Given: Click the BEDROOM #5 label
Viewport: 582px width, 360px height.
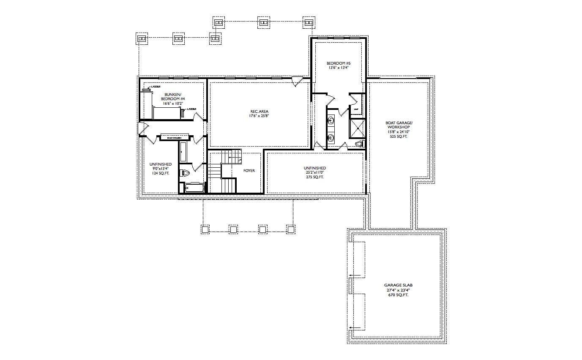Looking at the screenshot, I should pyautogui.click(x=339, y=63).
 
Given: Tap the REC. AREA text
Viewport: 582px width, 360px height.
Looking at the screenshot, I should pyautogui.click(x=259, y=112).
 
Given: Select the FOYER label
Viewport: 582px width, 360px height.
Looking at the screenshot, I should pyautogui.click(x=249, y=171).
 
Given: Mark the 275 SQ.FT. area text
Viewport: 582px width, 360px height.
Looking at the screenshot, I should pyautogui.click(x=315, y=177).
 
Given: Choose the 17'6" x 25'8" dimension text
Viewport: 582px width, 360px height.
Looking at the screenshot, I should pyautogui.click(x=259, y=116).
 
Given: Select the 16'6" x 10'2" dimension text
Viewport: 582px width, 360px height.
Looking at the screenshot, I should pyautogui.click(x=172, y=103).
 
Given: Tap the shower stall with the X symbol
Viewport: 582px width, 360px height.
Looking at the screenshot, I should pyautogui.click(x=357, y=129).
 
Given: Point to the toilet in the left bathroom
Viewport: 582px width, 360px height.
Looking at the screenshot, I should pyautogui.click(x=185, y=173).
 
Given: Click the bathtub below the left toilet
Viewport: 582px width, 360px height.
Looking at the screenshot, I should pyautogui.click(x=194, y=188).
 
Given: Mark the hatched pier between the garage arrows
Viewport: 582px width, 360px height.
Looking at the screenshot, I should pyautogui.click(x=350, y=286).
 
